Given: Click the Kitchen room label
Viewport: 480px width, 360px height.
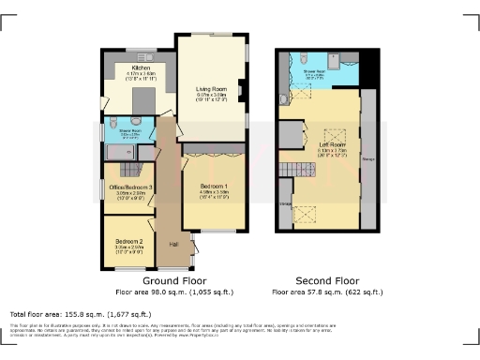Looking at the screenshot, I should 141,68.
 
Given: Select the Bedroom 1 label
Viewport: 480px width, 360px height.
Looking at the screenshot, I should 215,187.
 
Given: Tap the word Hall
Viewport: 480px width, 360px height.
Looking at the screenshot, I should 173,245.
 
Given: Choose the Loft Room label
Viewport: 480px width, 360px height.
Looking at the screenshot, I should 333,144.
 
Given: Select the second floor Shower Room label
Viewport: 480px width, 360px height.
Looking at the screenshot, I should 314,69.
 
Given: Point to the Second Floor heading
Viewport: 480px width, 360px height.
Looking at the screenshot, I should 328,280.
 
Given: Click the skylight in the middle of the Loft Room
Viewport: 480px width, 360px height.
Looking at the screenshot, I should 330,133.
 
